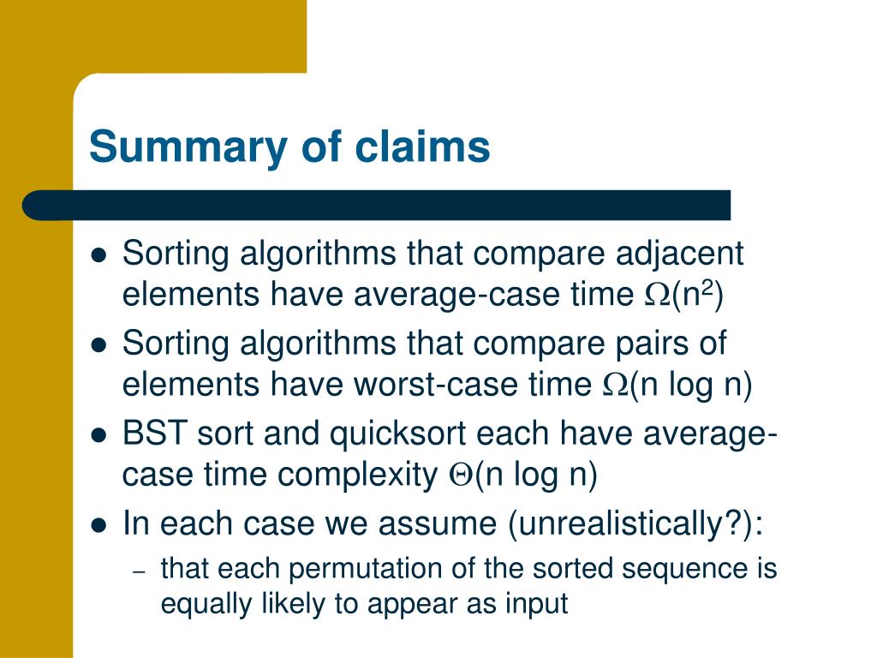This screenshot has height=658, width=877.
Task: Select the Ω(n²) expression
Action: [x=683, y=295]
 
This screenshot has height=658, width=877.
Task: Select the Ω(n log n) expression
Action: [x=677, y=385]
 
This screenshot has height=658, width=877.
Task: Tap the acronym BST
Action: [x=155, y=433]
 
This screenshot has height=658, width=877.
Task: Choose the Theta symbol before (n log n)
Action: [x=461, y=476]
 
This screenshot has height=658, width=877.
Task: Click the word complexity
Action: [x=357, y=476]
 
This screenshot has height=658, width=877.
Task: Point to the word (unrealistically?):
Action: [x=635, y=524]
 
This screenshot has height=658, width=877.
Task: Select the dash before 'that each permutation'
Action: [x=140, y=571]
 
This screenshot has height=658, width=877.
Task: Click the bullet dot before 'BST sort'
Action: [x=98, y=434]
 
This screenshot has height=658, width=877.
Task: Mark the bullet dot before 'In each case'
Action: [x=98, y=525]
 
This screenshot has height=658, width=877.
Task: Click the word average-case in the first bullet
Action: [x=456, y=296]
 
